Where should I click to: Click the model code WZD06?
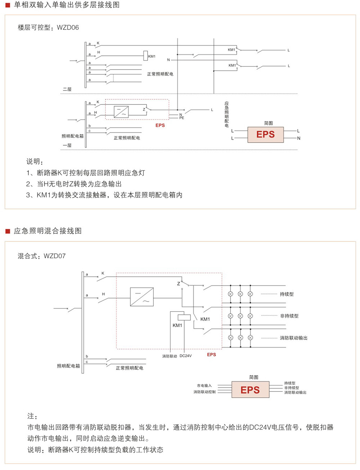point(68,27)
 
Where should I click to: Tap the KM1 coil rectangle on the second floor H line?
point(145,56)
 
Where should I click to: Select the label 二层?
point(67,89)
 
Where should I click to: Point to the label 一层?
point(67,145)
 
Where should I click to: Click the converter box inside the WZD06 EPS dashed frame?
point(121,112)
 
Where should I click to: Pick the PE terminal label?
point(182,118)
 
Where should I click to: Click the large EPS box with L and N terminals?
point(265,135)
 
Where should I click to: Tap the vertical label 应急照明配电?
point(226,115)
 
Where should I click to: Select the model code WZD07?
point(55,256)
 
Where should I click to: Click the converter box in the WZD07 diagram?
point(142,297)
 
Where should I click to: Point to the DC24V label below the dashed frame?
point(186,356)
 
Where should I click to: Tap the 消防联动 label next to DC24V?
point(170,356)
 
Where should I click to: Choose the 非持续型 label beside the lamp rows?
point(289,316)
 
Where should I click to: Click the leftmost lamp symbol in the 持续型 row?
point(231,294)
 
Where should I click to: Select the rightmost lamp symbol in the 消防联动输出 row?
point(251,337)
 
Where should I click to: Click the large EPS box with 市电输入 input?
point(250,390)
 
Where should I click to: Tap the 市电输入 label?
point(204,385)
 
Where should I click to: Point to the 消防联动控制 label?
point(204,392)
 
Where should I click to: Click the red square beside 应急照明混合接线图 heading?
point(8,231)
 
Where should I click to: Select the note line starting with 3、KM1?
point(104,195)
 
